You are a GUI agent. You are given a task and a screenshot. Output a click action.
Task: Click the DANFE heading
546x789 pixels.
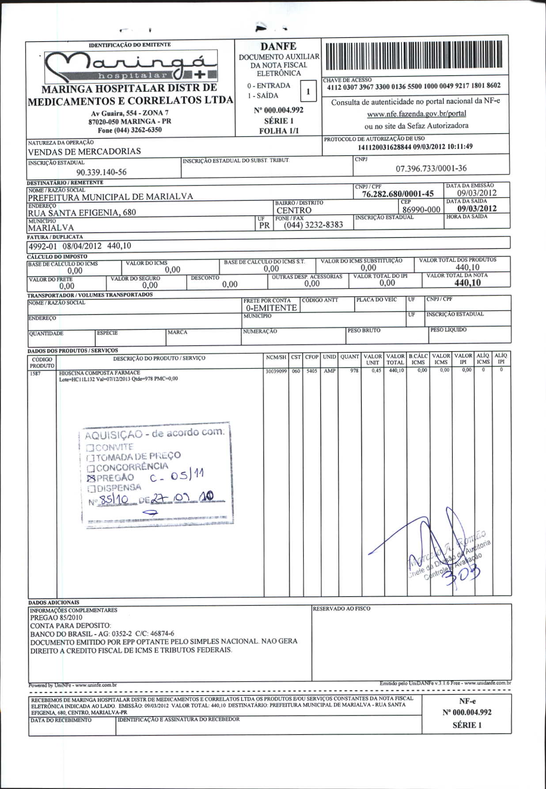[278, 46]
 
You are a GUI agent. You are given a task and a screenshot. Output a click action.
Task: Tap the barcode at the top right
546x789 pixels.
[414, 57]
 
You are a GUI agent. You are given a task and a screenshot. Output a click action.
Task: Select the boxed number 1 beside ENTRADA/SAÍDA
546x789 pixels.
[308, 92]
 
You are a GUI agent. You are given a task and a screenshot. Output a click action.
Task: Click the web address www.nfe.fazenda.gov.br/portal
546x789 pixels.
[416, 114]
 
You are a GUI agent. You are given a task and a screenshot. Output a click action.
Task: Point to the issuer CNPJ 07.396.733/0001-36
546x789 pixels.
[431, 169]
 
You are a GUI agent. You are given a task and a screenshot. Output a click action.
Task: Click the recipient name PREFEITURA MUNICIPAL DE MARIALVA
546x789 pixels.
[110, 197]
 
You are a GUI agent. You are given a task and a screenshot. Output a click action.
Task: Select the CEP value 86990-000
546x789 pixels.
[421, 210]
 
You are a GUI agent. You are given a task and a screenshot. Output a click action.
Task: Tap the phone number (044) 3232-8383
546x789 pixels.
[313, 225]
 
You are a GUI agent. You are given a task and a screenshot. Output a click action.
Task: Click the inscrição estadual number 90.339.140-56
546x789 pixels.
[101, 172]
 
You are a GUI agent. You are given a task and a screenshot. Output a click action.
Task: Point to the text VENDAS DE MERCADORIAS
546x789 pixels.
[84, 151]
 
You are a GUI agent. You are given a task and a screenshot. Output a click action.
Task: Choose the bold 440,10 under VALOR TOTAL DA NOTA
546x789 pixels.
[467, 283]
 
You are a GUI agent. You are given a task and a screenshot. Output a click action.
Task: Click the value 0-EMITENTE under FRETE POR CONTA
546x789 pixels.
[271, 308]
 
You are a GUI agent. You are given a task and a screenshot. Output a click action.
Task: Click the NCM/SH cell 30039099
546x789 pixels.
[276, 372]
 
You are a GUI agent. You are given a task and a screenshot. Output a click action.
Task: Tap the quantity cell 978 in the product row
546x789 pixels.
[354, 371]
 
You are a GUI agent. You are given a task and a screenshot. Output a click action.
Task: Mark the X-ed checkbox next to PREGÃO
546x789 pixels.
[91, 479]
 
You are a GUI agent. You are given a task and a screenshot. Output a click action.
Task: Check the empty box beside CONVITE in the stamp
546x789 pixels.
[90, 447]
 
